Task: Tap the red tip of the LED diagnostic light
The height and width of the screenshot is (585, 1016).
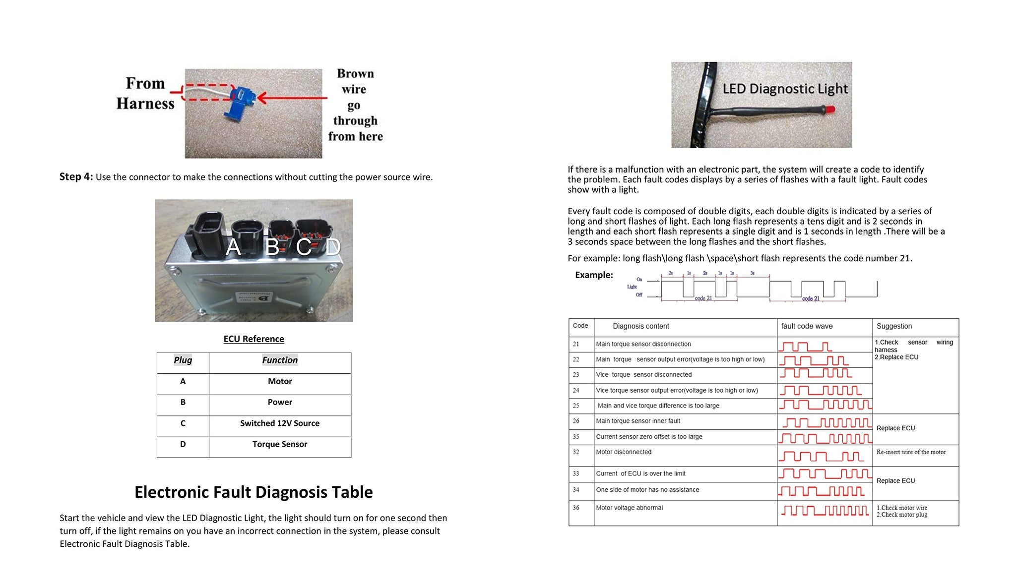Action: (829, 110)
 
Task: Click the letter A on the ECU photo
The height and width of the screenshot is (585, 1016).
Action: (233, 247)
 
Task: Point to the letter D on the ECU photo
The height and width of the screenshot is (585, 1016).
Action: (333, 246)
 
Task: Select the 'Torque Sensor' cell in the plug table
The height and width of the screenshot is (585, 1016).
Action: (280, 444)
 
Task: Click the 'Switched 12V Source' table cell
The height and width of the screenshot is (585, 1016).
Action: (280, 423)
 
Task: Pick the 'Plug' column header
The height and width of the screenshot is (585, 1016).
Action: (183, 360)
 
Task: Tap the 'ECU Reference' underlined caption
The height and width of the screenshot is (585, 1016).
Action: (254, 339)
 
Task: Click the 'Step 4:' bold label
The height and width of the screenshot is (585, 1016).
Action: (76, 177)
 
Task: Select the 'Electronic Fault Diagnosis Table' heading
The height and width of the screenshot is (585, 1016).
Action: (254, 492)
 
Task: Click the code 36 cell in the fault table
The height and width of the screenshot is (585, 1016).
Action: (576, 508)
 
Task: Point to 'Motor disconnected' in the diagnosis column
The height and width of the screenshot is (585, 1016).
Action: (624, 452)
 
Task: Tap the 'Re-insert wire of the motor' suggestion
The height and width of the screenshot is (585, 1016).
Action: (911, 452)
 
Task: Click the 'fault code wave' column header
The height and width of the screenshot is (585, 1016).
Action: (807, 326)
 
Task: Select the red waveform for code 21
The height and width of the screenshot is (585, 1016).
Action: (805, 346)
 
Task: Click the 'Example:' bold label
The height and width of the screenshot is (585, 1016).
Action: (594, 275)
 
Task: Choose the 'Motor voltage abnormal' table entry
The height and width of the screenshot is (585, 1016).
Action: (629, 508)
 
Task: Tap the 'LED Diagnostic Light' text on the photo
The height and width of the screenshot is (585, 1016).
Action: (785, 89)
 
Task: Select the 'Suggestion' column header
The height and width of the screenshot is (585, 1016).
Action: (894, 326)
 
